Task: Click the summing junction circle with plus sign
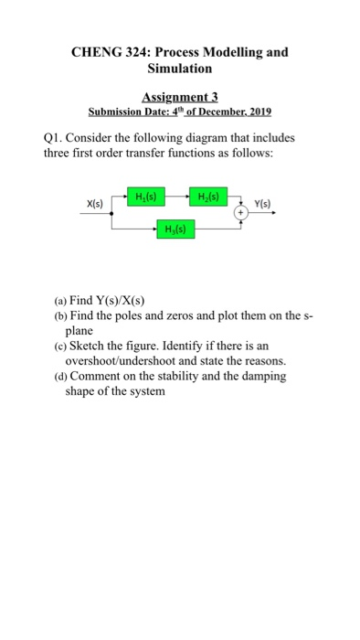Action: point(243,211)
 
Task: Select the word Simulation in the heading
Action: point(179,70)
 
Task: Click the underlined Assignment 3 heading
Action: point(179,97)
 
